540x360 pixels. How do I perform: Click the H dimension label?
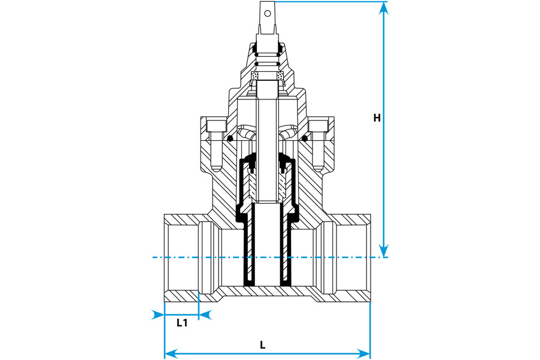click(x=377, y=118)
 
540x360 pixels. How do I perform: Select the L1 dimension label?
click(x=183, y=323)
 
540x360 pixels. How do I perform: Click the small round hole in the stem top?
click(x=266, y=10)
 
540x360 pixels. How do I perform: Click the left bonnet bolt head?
click(x=214, y=126)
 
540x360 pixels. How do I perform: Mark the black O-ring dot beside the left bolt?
click(x=229, y=139)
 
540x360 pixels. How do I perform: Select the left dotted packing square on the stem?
click(x=256, y=75)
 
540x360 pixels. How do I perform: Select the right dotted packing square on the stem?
click(x=278, y=75)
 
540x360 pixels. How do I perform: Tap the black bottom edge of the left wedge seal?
click(x=249, y=283)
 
